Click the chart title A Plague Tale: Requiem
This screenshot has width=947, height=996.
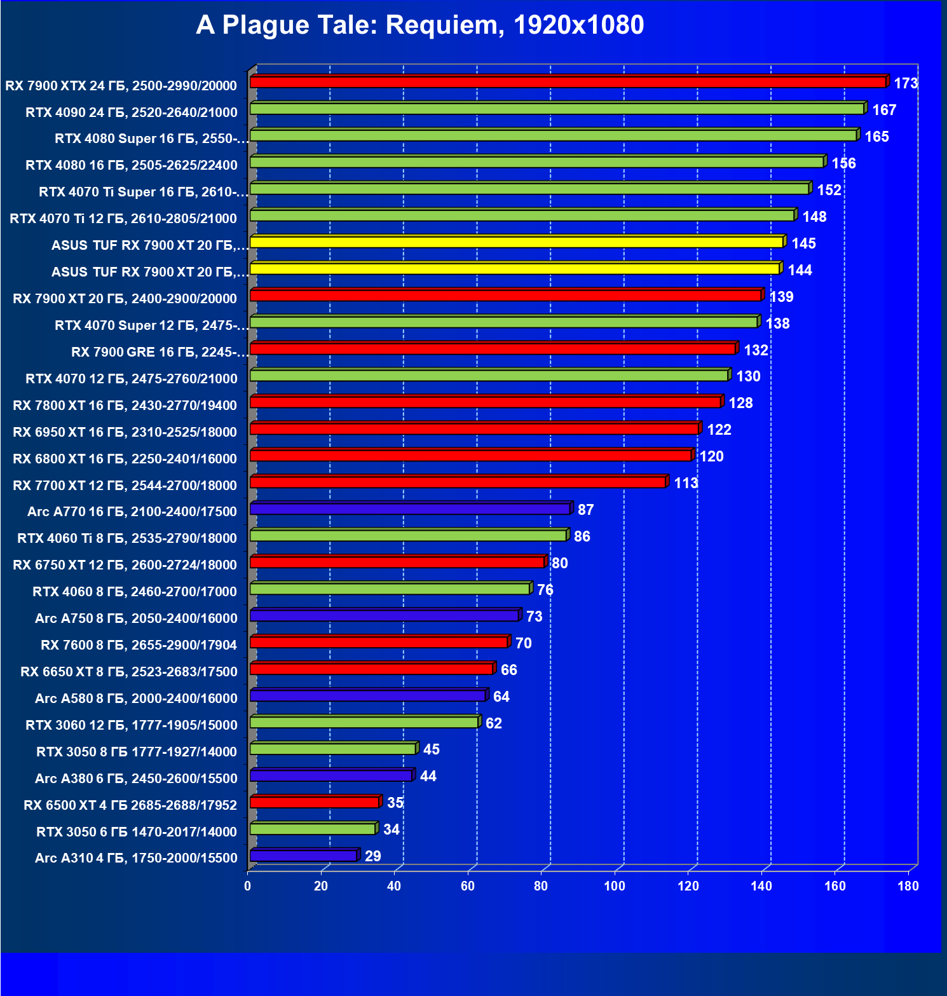pyautogui.click(x=419, y=25)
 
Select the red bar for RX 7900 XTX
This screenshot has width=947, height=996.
pyautogui.click(x=568, y=82)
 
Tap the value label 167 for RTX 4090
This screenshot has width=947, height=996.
pyautogui.click(x=884, y=110)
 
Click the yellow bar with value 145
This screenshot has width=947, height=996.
pyautogui.click(x=516, y=242)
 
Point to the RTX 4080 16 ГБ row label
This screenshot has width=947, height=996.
pyautogui.click(x=132, y=165)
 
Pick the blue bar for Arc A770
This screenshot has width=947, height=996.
pyautogui.click(x=410, y=508)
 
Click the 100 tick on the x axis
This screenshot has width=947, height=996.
pyautogui.click(x=615, y=886)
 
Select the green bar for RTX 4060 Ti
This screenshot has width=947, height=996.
pyautogui.click(x=408, y=535)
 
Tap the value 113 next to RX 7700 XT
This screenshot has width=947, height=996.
pyautogui.click(x=686, y=483)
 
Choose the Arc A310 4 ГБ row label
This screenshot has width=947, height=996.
pyautogui.click(x=136, y=858)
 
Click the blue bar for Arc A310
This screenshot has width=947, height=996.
pyautogui.click(x=303, y=856)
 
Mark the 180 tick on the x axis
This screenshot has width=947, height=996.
pyautogui.click(x=908, y=886)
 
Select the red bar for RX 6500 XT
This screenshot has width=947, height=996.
pyautogui.click(x=315, y=802)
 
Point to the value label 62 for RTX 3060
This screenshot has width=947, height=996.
pyautogui.click(x=494, y=723)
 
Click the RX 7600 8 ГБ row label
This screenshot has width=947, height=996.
pyautogui.click(x=139, y=645)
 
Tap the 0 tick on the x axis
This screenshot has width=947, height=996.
pyautogui.click(x=248, y=886)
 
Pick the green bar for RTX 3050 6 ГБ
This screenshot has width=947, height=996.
pyautogui.click(x=313, y=829)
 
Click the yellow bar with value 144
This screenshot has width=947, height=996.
pyautogui.click(x=514, y=269)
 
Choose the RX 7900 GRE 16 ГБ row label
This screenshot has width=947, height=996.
pyautogui.click(x=159, y=352)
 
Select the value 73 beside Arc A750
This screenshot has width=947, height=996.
pyautogui.click(x=535, y=617)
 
